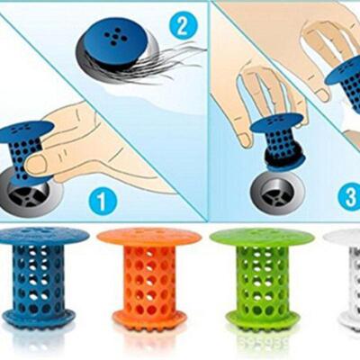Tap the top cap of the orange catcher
click(x=148, y=237)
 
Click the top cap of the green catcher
click(x=261, y=238)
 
